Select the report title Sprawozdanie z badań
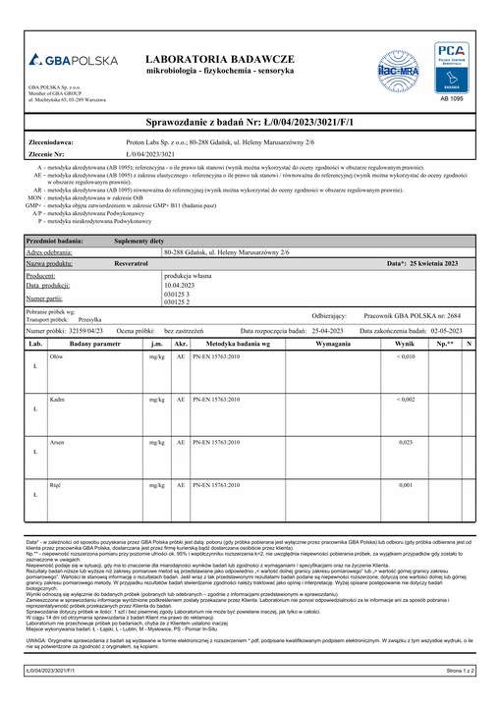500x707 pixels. (x=250, y=121)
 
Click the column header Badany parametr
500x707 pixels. (x=95, y=345)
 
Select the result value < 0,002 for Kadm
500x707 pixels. (x=405, y=400)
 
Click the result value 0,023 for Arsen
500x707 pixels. (x=405, y=443)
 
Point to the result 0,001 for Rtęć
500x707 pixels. (x=405, y=486)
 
